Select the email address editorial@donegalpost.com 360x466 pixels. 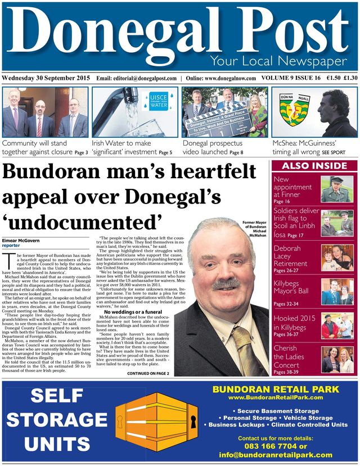(x=145, y=78)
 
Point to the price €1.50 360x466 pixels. (x=329, y=78)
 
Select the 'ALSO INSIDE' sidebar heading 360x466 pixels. (x=313, y=166)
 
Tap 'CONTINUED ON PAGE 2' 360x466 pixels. (x=148, y=373)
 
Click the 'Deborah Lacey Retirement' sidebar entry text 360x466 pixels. (x=291, y=255)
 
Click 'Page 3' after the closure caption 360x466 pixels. (x=81, y=152)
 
